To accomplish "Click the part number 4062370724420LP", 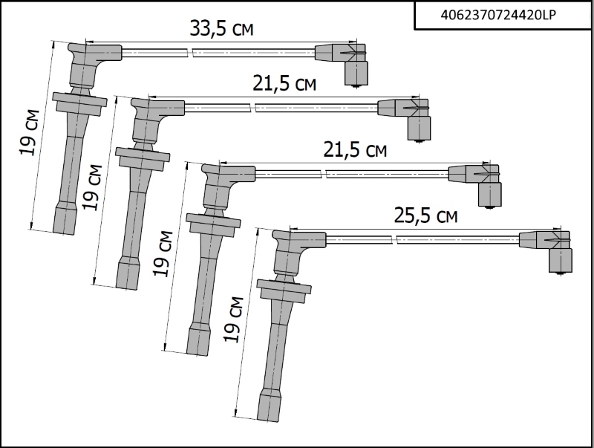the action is click(x=498, y=15).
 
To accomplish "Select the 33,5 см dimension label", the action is click(x=221, y=28).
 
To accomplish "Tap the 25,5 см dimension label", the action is click(x=425, y=215).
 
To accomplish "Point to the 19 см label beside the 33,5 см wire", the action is click(x=29, y=132).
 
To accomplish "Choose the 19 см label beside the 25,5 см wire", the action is click(x=233, y=319).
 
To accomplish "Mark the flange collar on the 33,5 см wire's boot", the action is click(x=79, y=103).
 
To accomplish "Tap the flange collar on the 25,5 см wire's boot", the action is click(x=284, y=290).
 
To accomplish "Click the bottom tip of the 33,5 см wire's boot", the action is click(x=64, y=233).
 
